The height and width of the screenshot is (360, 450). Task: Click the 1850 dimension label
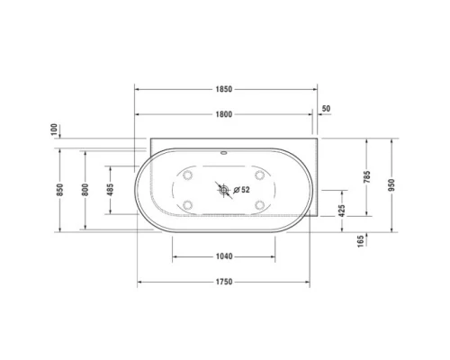coord(224,89)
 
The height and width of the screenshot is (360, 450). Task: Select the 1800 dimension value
coord(224,114)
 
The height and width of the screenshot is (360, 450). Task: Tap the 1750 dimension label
coord(224,282)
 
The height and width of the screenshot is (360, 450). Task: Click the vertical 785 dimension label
coord(366,178)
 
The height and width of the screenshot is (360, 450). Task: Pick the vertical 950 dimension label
coord(391,184)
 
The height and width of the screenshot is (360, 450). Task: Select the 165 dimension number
coord(360,241)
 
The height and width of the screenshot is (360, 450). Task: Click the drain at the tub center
coord(222,190)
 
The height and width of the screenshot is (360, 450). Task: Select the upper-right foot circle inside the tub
coord(259,175)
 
